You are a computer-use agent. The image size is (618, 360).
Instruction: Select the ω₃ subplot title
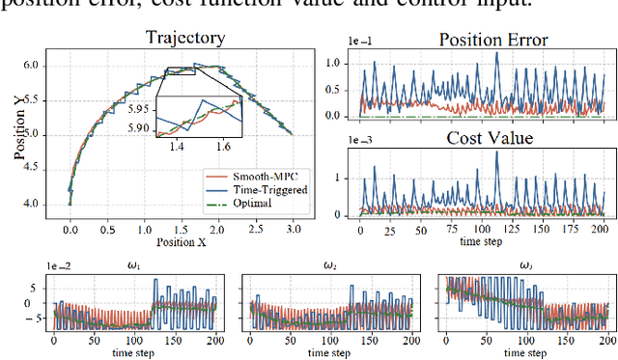[x=526, y=267]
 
